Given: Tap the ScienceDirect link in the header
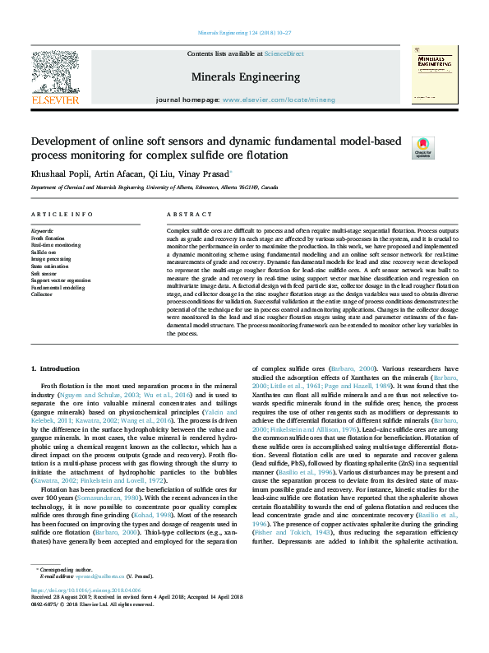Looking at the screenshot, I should [x=284, y=53].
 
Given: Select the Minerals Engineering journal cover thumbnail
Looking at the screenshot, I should [x=435, y=74].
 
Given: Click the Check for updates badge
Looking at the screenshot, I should [x=445, y=148].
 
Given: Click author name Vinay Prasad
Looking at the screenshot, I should [x=207, y=174].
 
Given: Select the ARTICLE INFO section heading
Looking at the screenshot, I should [x=62, y=214].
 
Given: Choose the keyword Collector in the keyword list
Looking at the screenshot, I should [x=41, y=294].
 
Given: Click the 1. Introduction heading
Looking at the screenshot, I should [x=60, y=368].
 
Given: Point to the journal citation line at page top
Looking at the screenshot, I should [x=244, y=34].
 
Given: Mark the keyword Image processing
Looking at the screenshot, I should [x=51, y=257].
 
